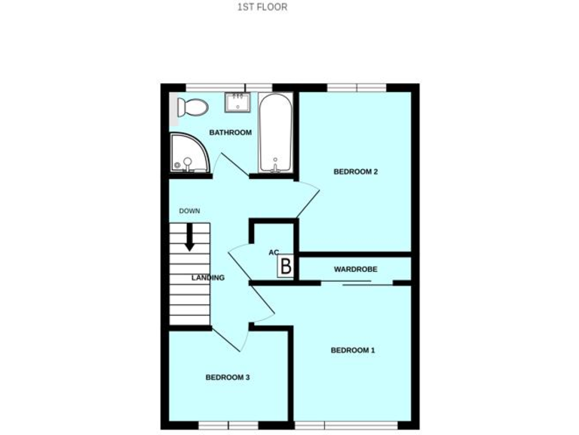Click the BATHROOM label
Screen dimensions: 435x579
[x=230, y=133]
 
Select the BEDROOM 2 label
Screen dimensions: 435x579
[x=355, y=171]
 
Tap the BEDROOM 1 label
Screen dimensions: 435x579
[x=352, y=350]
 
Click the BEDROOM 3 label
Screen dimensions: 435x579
[x=227, y=378]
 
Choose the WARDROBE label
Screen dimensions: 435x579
[x=354, y=269]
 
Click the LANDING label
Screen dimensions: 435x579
[x=207, y=278]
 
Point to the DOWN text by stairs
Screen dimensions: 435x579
[x=189, y=211]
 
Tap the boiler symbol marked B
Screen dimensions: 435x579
[x=286, y=266]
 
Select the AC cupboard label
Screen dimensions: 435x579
[x=274, y=252]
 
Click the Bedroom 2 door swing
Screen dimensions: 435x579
[x=307, y=199]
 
